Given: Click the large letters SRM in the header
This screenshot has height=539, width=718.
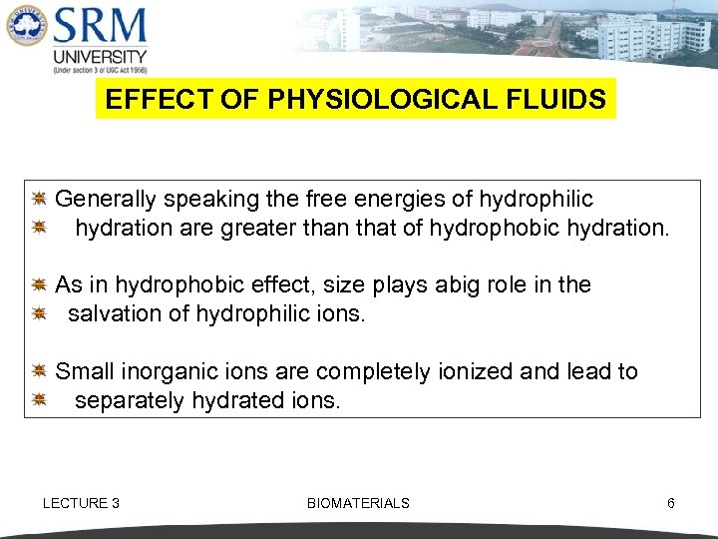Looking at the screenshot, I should coord(100,26).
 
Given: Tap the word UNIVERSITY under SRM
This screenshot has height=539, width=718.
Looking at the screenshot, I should coord(100,57).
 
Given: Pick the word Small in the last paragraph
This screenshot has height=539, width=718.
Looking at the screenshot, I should coord(85,372).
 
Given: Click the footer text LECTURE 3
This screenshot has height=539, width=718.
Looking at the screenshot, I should coord(81,503).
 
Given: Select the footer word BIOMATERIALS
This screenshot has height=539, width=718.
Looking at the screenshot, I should coord(358,503).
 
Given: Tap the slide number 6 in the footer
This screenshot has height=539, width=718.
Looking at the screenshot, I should coord(671,503).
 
